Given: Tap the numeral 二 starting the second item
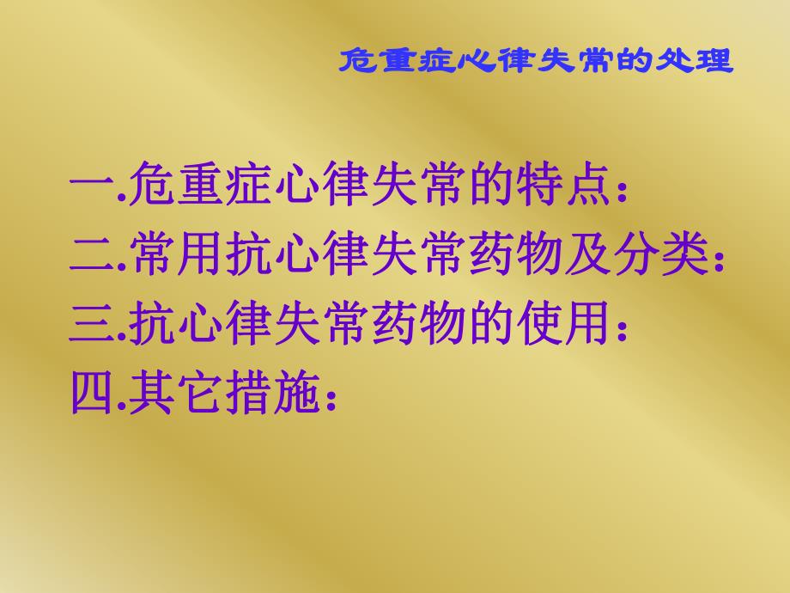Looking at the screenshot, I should coord(89,255).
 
